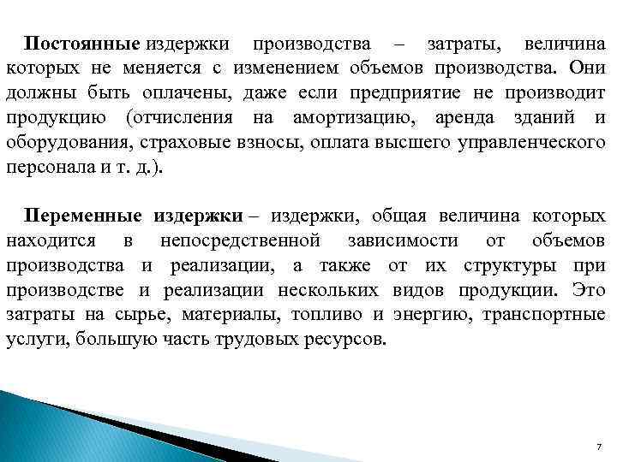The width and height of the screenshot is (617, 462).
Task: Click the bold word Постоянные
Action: (81, 43)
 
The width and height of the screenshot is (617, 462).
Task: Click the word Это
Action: (588, 291)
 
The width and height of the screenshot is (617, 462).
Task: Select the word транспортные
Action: (545, 316)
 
